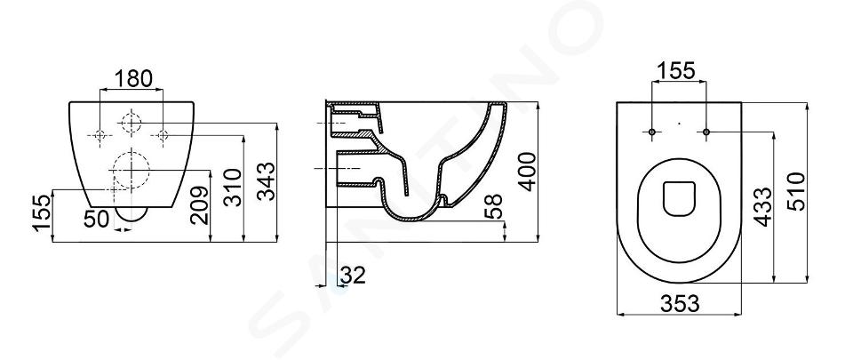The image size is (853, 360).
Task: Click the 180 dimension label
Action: [132, 79]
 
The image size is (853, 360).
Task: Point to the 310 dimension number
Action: [233, 187]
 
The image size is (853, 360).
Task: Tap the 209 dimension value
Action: [200, 205]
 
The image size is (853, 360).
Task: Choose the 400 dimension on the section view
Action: [527, 172]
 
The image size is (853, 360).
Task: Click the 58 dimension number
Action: [493, 205]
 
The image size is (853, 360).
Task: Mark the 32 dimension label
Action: [353, 276]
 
